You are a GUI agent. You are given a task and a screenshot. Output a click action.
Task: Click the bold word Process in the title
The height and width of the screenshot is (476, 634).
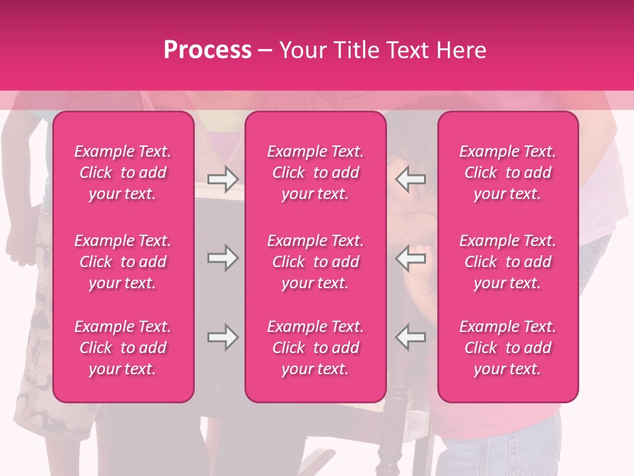pos(207,50)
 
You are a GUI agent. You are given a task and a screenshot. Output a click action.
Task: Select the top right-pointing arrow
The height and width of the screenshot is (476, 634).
pos(223,178)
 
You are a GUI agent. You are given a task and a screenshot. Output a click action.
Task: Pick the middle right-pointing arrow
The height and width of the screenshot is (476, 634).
pos(223,258)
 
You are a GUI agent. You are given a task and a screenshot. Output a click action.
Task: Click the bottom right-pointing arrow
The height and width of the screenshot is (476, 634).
pos(223,337)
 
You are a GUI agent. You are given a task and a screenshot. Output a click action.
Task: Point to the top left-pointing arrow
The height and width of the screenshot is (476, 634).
pos(410,178)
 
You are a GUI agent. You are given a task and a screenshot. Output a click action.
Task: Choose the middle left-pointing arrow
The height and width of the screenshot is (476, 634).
pos(410,258)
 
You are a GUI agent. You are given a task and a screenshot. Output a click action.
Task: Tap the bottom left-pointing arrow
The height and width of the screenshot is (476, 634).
pos(410,337)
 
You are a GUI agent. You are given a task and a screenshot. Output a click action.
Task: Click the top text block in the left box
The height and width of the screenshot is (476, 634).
pos(123,173)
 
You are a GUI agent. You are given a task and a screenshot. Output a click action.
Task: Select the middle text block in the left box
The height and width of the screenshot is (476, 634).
pos(123,262)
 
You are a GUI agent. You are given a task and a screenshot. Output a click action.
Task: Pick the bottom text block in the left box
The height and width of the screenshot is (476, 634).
pos(123,348)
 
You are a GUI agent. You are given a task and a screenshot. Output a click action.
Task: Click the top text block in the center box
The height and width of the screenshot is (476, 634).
pos(315,173)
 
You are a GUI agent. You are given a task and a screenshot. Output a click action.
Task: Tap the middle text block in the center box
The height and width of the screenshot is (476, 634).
pos(315,262)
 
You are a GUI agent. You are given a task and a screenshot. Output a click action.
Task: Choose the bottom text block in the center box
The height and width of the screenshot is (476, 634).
pos(315,348)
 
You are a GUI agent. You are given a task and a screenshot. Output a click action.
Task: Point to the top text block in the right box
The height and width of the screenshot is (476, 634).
pos(507,173)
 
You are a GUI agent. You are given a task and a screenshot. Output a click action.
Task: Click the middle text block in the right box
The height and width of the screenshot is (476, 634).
pos(507,262)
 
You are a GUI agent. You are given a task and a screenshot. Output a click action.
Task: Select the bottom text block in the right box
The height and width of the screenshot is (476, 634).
pos(507,348)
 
